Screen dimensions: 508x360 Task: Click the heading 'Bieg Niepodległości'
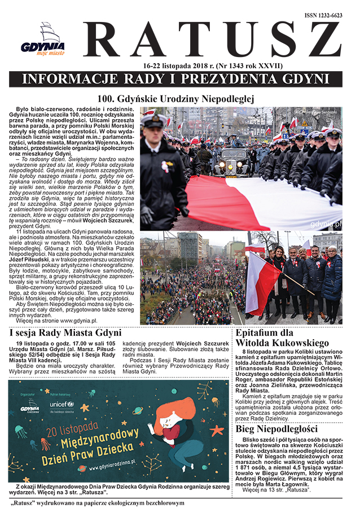(278, 429)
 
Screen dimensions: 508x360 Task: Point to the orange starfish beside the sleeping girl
(217, 431)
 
